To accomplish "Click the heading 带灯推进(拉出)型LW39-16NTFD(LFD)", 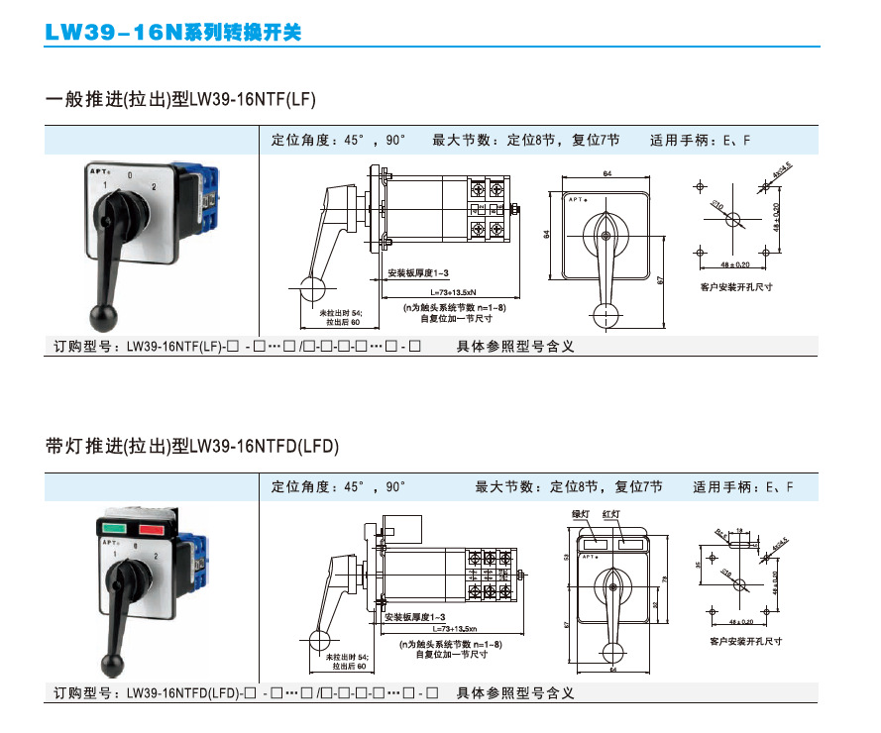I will [x=192, y=447].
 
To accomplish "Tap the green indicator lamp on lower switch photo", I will [x=112, y=529].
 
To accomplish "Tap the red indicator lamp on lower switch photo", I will [x=150, y=529].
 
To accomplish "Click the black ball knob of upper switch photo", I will [x=103, y=317].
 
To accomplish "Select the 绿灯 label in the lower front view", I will [x=582, y=515].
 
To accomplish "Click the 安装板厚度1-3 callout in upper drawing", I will [x=418, y=272].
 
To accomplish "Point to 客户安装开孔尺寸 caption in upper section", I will [x=736, y=287].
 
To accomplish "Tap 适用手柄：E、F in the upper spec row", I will [x=700, y=141].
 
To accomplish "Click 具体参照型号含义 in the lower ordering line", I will [x=515, y=693].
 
